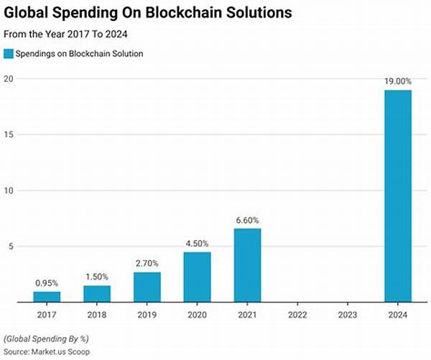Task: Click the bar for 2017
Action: pos(47,297)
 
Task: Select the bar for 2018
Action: pos(98,294)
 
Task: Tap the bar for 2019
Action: pos(147,287)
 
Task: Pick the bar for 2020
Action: pos(198,277)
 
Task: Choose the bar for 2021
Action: pos(248,265)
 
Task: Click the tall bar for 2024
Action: pos(398,196)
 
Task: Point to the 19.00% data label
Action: pos(398,82)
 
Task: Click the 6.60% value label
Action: pos(248,220)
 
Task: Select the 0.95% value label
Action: pos(47,283)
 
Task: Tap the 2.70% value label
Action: pos(147,264)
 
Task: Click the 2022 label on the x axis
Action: pos(298,313)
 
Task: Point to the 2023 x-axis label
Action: pos(348,313)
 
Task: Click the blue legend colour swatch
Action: pos(9,53)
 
